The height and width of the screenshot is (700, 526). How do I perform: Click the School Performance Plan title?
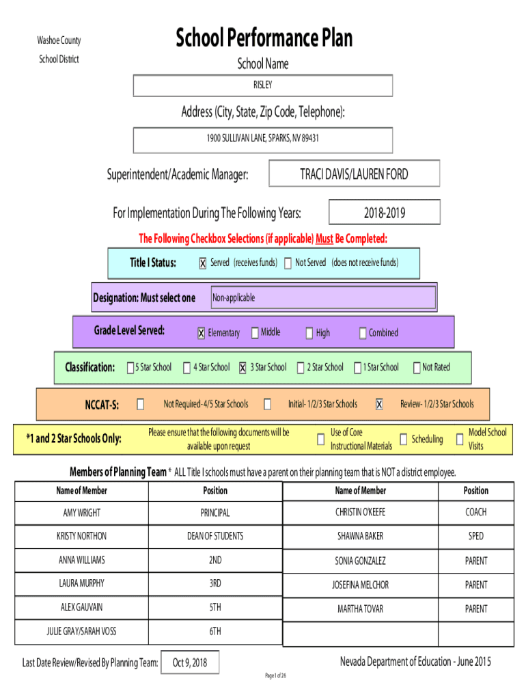click(x=264, y=38)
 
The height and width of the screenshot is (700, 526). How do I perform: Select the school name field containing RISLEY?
click(x=263, y=85)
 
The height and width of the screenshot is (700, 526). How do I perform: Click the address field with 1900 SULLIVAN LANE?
click(x=263, y=138)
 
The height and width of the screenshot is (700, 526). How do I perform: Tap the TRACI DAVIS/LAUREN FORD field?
click(x=354, y=174)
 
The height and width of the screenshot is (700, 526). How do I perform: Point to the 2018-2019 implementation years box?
click(x=384, y=213)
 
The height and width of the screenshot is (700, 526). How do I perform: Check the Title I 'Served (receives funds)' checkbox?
click(x=202, y=264)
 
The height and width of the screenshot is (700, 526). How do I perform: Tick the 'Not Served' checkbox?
click(x=288, y=264)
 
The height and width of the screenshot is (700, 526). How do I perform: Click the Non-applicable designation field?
click(x=322, y=298)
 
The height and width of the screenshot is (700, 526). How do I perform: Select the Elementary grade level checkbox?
click(x=201, y=334)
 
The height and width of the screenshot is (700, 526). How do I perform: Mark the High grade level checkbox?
click(x=309, y=334)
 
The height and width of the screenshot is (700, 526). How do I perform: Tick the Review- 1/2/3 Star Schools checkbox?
click(x=379, y=405)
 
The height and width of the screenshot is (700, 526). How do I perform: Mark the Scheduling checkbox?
click(x=404, y=440)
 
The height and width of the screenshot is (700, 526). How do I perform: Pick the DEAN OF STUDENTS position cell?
click(x=215, y=536)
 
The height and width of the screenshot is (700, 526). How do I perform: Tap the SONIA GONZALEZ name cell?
click(x=360, y=561)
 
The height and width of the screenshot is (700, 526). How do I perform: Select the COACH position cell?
click(x=476, y=512)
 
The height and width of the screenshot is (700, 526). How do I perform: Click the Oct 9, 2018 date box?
click(x=190, y=662)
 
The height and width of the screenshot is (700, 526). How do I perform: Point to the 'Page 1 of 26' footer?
click(x=276, y=675)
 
